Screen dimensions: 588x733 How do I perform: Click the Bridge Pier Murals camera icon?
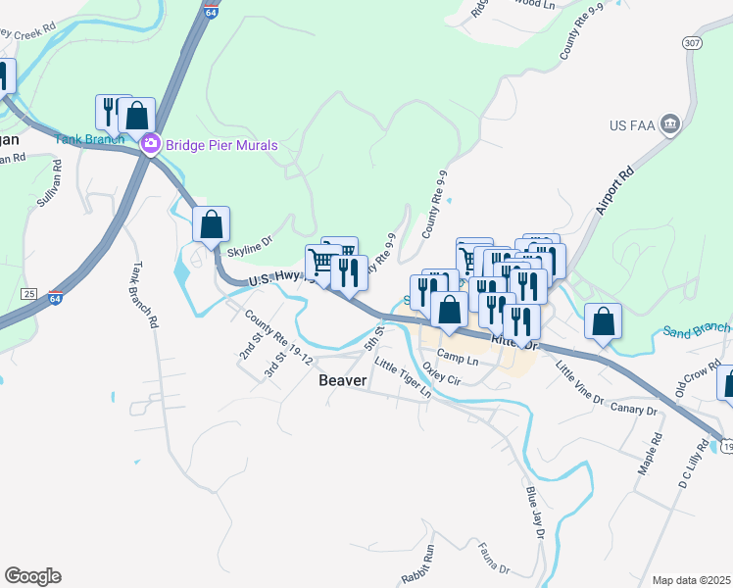click(150, 145)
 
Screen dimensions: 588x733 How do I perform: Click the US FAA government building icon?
click(670, 123)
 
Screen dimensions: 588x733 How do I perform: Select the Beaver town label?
click(343, 380)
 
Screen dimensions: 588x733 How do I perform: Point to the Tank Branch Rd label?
click(144, 293)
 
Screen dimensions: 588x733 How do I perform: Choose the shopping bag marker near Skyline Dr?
click(211, 224)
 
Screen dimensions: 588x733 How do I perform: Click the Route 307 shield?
click(692, 44)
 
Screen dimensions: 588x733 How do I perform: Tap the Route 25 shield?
click(29, 293)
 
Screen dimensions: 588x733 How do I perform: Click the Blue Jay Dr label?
click(534, 507)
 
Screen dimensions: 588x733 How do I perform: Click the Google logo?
click(32, 576)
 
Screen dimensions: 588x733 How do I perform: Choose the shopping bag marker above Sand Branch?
click(603, 321)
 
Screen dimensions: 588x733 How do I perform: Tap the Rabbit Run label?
click(416, 577)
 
